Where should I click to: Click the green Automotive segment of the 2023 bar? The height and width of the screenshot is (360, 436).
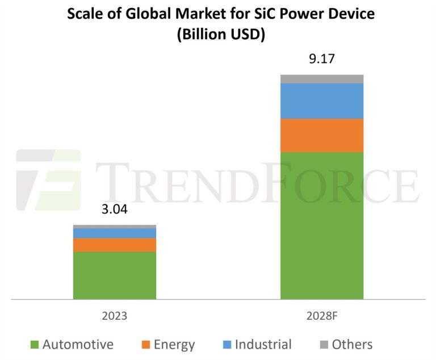tap(114, 275)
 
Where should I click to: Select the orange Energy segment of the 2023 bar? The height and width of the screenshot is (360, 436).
tap(114, 245)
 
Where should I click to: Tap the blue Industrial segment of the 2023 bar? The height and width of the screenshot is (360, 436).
tap(114, 233)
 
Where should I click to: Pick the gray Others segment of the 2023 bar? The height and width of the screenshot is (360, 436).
tap(114, 227)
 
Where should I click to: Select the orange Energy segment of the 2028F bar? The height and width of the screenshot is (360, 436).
tap(322, 135)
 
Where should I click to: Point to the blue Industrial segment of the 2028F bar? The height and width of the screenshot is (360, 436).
tap(322, 101)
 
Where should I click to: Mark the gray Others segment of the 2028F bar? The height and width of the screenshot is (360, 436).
tap(322, 79)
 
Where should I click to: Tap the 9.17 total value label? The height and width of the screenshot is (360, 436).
tap(322, 58)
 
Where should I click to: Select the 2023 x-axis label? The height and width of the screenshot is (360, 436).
tap(114, 316)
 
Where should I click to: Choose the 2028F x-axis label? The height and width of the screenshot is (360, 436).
tap(322, 316)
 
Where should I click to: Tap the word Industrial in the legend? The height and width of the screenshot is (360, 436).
tap(263, 345)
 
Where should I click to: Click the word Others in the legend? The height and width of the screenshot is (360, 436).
tap(352, 345)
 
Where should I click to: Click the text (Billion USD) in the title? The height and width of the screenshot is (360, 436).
tap(221, 34)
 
